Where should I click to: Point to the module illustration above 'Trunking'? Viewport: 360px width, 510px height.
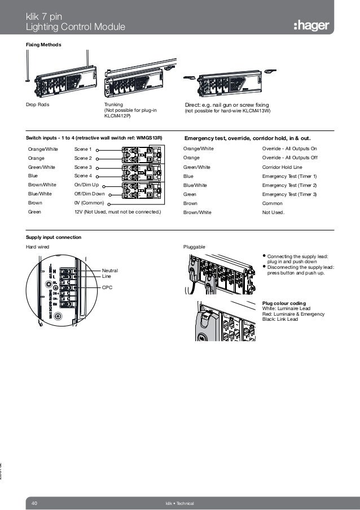coord(138,80)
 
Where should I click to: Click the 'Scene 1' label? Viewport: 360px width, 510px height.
coord(82,149)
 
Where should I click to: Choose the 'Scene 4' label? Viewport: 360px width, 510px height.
coord(82,176)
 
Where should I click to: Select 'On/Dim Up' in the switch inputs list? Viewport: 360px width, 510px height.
coord(86,185)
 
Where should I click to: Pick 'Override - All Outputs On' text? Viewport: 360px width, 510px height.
coord(289,149)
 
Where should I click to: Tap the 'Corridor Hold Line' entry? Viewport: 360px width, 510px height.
coord(282,167)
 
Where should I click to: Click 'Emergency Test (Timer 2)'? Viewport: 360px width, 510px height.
coord(289,185)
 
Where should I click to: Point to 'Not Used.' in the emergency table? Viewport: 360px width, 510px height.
coord(274,212)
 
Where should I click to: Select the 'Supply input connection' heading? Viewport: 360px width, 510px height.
coord(53,237)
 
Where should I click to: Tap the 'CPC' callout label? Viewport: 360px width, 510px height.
coord(107,287)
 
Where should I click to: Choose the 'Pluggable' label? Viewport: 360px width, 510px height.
coord(194,247)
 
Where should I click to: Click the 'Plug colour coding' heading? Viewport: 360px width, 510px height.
coord(284,304)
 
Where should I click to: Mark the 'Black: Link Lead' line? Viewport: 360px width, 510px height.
coord(280,319)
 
